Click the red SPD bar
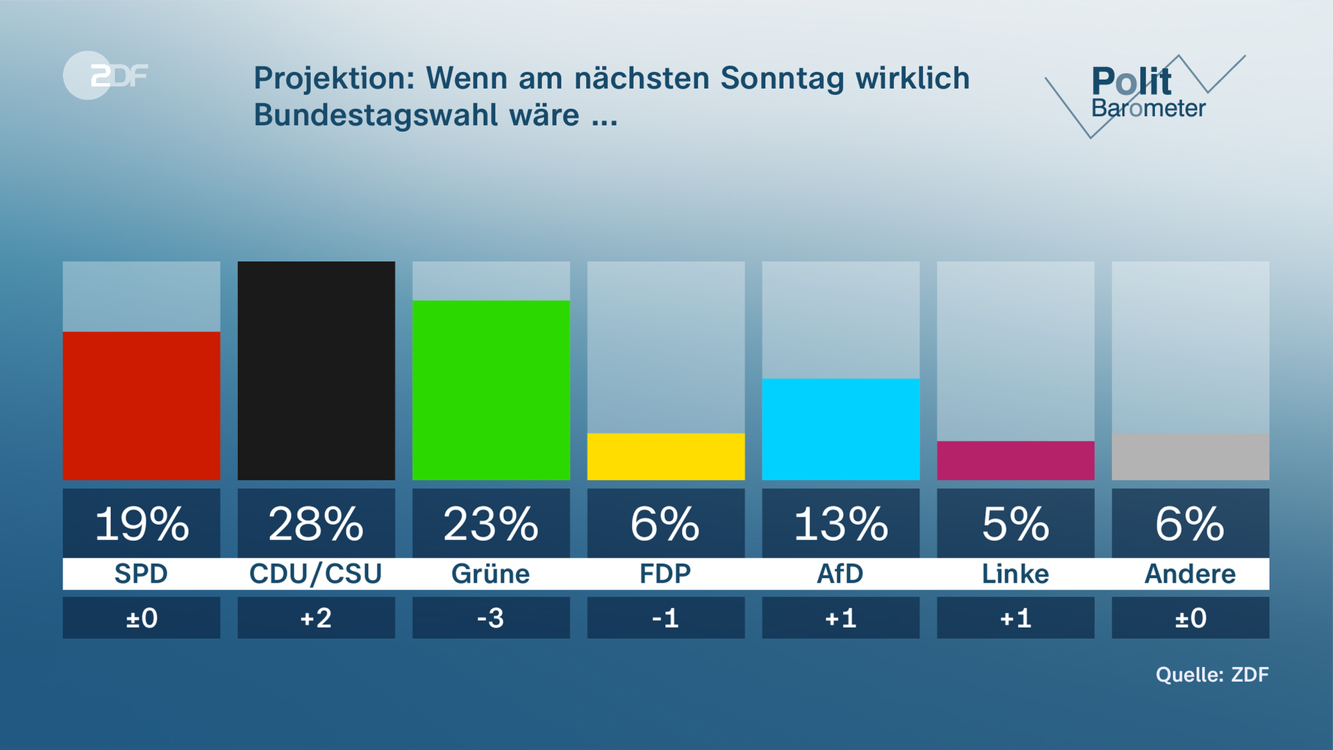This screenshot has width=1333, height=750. pos(141,406)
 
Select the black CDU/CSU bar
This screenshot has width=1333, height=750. pos(316,370)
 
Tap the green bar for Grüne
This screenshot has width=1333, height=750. pos(491,390)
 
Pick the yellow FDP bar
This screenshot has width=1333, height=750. pos(666,456)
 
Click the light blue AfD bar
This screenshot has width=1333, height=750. pos(841,429)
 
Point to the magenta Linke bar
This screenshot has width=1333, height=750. pos(1016,460)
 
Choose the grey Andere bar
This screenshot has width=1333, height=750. pos(1190,456)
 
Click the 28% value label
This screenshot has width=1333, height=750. pos(316,524)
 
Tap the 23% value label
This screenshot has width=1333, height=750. pos(491,524)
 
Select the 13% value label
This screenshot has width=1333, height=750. pos(841,524)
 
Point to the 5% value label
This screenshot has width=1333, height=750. pos(1016,524)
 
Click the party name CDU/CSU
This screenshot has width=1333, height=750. pos(316,574)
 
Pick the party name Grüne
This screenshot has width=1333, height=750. pos(491,574)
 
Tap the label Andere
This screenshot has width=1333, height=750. pos(1190,574)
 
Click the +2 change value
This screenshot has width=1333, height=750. pos(316,618)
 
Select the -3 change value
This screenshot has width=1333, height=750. pos(491,618)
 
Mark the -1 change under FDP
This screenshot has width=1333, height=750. pos(666,618)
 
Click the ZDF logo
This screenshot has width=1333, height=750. pos(106,75)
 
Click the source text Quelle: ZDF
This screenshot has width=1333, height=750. pos(1212,674)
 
